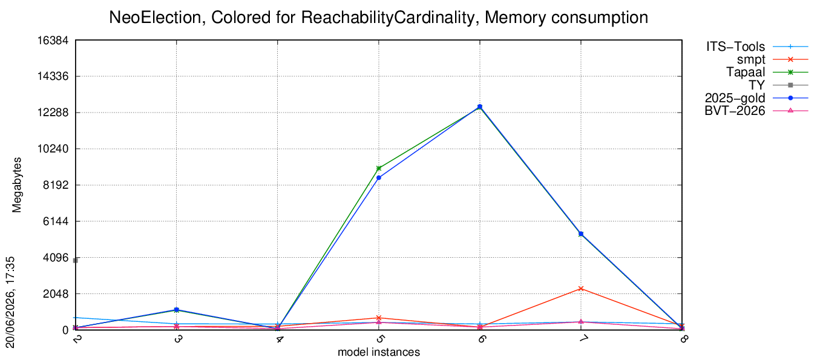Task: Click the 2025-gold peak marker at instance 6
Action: (480, 106)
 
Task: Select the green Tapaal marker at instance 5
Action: (379, 168)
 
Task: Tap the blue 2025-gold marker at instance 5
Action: (379, 178)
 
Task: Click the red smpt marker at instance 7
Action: (581, 289)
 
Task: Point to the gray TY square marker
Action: (76, 260)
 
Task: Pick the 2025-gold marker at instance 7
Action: (581, 234)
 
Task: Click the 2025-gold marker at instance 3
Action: (177, 310)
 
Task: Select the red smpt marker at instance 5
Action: (379, 318)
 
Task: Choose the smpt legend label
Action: (751, 59)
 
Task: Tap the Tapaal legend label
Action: (746, 72)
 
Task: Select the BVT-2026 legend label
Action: (735, 111)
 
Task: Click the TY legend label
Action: (757, 85)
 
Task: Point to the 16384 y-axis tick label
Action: (53, 40)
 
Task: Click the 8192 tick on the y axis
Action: (56, 185)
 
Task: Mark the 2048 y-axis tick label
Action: (56, 294)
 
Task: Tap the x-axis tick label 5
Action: (379, 338)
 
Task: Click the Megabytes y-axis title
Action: (17, 185)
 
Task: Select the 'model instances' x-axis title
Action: (379, 352)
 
